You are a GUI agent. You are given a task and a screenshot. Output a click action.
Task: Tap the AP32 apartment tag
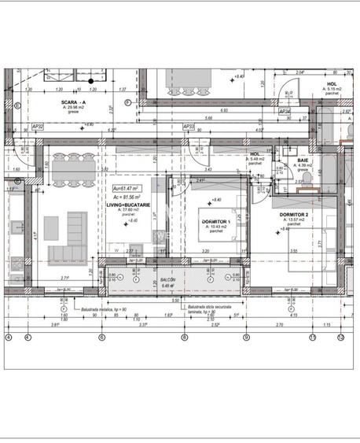(x=37, y=126)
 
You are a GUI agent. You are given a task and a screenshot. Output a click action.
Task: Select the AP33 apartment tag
(x=188, y=126)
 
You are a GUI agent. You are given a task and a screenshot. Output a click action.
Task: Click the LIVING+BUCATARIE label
(x=127, y=204)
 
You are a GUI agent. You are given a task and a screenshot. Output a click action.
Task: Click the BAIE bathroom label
(x=303, y=160)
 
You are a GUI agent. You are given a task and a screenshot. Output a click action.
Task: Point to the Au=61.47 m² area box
(x=126, y=188)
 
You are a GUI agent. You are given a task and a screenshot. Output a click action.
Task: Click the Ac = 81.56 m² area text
(x=127, y=196)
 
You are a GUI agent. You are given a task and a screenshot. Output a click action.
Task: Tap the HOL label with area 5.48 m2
(x=255, y=155)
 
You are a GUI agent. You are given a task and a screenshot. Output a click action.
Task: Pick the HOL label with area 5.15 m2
(x=332, y=84)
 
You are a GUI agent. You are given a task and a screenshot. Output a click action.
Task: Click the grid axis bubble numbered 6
(x=101, y=338)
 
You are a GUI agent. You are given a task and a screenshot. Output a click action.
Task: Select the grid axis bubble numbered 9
(x=246, y=338)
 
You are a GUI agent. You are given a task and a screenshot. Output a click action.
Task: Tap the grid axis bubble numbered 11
(x=312, y=338)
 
